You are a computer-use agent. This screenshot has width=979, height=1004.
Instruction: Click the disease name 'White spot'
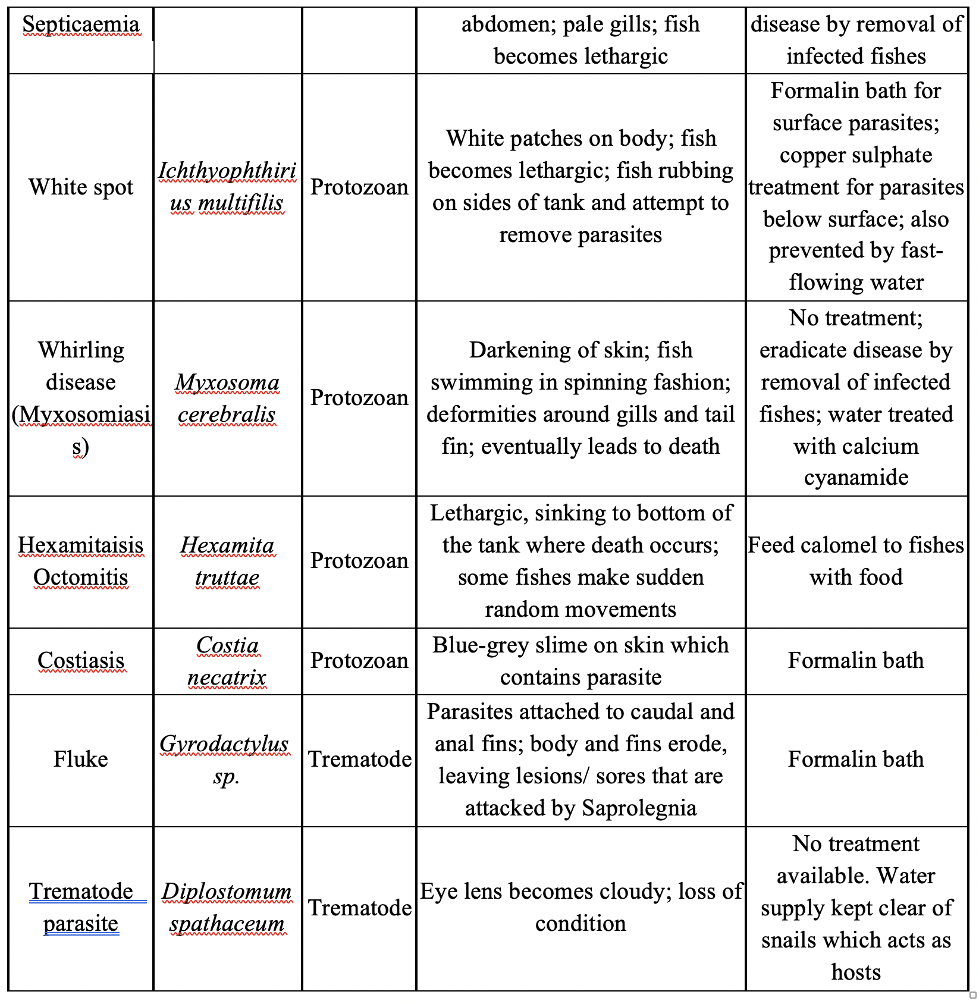(x=81, y=187)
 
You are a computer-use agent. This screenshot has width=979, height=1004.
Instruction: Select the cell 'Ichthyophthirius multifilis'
(x=227, y=187)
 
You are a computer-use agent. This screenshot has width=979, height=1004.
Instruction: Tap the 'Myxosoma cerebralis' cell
(x=227, y=399)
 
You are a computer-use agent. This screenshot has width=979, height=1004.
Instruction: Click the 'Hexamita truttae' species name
(x=227, y=561)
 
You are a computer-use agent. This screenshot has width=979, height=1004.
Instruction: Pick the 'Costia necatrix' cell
(x=227, y=661)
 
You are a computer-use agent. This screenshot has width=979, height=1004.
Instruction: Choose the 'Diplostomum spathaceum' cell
(x=227, y=908)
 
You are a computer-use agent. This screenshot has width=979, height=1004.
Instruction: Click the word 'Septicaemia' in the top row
(x=81, y=25)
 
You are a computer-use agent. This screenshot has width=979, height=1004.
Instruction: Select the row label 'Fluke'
(x=81, y=760)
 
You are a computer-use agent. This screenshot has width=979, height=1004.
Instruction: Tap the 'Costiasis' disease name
(x=81, y=661)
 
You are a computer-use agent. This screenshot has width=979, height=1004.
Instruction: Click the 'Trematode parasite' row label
(x=81, y=908)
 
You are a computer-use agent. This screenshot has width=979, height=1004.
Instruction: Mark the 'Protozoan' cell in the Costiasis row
(x=359, y=661)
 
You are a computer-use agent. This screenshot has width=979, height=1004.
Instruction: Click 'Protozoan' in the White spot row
(x=359, y=187)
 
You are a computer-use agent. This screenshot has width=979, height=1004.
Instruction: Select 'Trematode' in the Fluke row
(x=360, y=760)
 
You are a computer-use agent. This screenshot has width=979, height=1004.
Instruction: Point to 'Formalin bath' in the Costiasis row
(x=856, y=661)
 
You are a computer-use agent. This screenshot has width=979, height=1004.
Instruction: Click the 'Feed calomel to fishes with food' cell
(x=856, y=561)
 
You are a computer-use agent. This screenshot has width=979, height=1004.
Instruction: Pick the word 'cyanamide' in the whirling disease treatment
(x=856, y=478)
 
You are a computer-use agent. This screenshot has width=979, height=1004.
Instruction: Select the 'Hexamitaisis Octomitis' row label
(x=81, y=561)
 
